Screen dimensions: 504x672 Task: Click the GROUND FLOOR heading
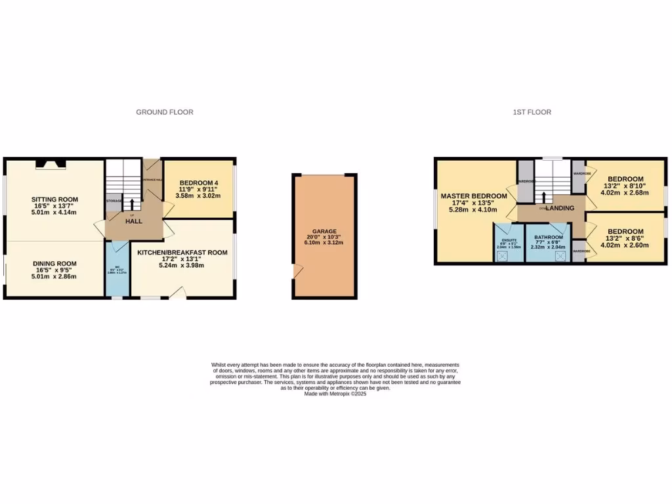click(x=165, y=112)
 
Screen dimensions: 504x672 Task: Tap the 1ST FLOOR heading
click(x=532, y=112)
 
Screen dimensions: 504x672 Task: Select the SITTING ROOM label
click(x=55, y=199)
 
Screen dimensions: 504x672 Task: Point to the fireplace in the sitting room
click(x=50, y=164)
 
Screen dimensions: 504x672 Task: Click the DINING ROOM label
click(x=55, y=264)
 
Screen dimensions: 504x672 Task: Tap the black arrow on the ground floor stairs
click(x=133, y=204)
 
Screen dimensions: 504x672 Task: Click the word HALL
click(x=134, y=221)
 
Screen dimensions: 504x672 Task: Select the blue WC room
click(x=117, y=269)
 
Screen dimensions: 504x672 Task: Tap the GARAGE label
click(x=324, y=232)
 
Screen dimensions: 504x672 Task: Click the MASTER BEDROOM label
click(x=474, y=196)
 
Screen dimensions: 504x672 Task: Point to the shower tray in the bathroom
click(x=560, y=255)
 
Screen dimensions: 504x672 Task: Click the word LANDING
click(x=560, y=208)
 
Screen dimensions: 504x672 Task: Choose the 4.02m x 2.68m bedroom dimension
click(x=625, y=193)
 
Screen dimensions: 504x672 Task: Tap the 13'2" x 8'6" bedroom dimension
click(x=625, y=238)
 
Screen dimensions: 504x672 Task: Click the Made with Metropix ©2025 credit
click(x=335, y=393)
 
